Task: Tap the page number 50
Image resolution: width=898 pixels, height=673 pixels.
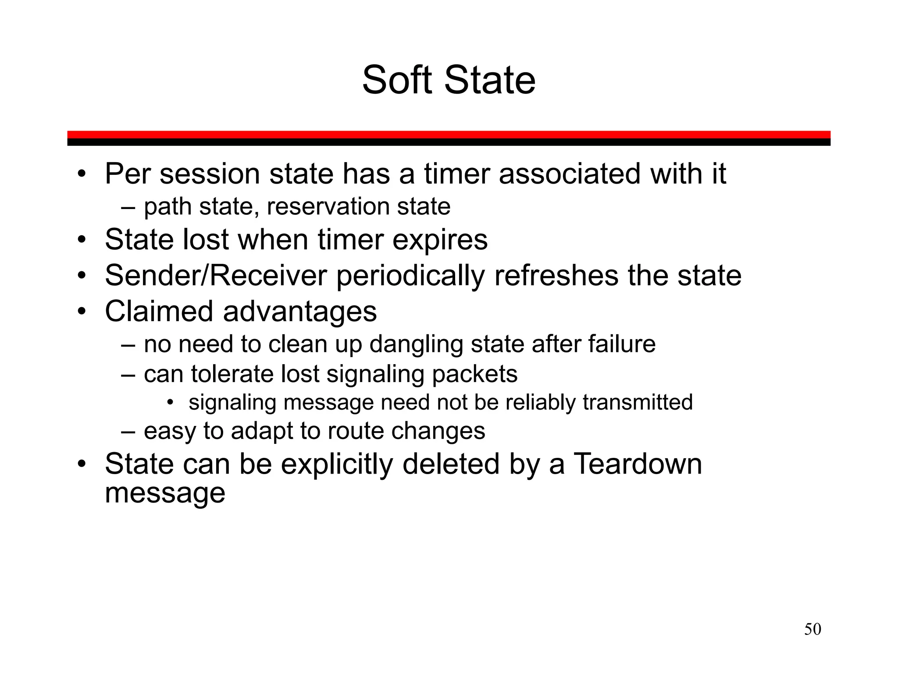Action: point(812,629)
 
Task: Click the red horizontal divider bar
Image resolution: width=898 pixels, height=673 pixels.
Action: point(449,135)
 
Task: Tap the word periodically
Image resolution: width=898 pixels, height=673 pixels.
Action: point(410,276)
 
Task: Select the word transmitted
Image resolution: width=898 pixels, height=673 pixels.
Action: point(638,402)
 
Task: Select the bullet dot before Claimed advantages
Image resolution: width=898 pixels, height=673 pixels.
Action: point(81,312)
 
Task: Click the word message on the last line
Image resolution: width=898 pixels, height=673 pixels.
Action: point(165,493)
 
